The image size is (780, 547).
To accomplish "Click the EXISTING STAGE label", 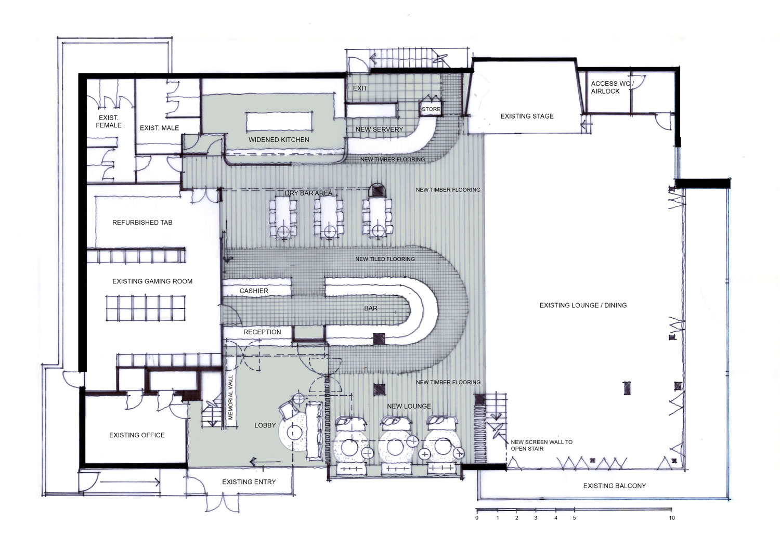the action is tap(527, 116).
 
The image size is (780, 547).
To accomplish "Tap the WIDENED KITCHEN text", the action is tap(279, 140).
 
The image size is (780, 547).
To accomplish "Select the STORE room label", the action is tap(431, 109).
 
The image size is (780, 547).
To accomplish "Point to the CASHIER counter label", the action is tap(254, 291).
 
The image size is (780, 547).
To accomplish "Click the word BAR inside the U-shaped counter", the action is tap(370, 308).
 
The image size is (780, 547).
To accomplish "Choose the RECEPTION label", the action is tap(262, 332).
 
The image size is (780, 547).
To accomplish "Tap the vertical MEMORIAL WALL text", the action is tap(230, 397).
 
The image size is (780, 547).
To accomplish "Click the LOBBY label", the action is tap(265, 425).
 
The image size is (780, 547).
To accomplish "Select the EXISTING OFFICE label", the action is tap(137, 435).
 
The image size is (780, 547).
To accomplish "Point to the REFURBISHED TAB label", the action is tap(142, 223).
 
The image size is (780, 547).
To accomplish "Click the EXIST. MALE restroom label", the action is tap(159, 128).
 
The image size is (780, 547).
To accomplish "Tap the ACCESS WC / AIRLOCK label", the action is tap(612, 87).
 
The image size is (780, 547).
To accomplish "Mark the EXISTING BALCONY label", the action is tap(614, 486).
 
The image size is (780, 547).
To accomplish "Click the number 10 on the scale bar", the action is tap(672, 518).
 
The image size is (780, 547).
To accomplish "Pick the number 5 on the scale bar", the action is tap(574, 518).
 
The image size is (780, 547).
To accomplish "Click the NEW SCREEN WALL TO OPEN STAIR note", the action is tap(541, 445).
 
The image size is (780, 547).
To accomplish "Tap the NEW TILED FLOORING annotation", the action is tap(385, 259).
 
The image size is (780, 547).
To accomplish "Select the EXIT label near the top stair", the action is tap(360, 88).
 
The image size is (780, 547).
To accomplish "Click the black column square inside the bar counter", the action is tap(379, 339).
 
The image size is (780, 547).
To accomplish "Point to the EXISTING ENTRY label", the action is tap(249, 482).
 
